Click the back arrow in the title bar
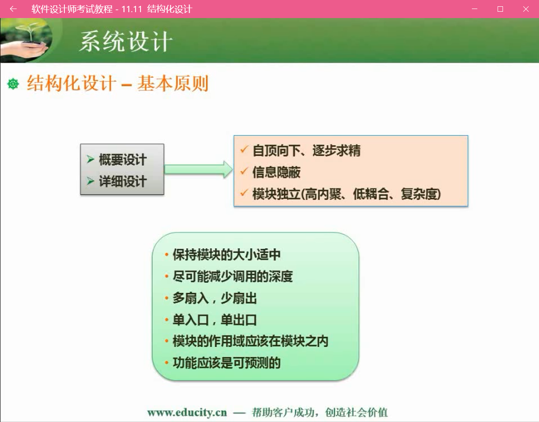pyautogui.click(x=13, y=9)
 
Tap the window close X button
pyautogui.click(x=525, y=9)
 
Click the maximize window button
pyautogui.click(x=500, y=9)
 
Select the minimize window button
pyautogui.click(x=475, y=9)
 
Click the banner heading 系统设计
pyautogui.click(x=126, y=41)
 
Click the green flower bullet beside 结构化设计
pyautogui.click(x=13, y=84)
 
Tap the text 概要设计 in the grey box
pyautogui.click(x=123, y=159)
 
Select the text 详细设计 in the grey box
pyautogui.click(x=123, y=181)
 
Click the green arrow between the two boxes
pyautogui.click(x=199, y=169)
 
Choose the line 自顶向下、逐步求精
pyautogui.click(x=306, y=150)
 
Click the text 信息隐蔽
pyautogui.click(x=276, y=172)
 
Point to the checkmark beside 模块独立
pyautogui.click(x=244, y=193)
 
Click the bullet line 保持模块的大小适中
pyautogui.click(x=226, y=255)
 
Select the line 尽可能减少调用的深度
pyautogui.click(x=233, y=276)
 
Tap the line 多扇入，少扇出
pyautogui.click(x=215, y=298)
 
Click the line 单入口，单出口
pyautogui.click(x=215, y=320)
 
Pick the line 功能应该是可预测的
pyautogui.click(x=226, y=363)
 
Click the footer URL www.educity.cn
pyautogui.click(x=187, y=412)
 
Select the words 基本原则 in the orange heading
pyautogui.click(x=173, y=84)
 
